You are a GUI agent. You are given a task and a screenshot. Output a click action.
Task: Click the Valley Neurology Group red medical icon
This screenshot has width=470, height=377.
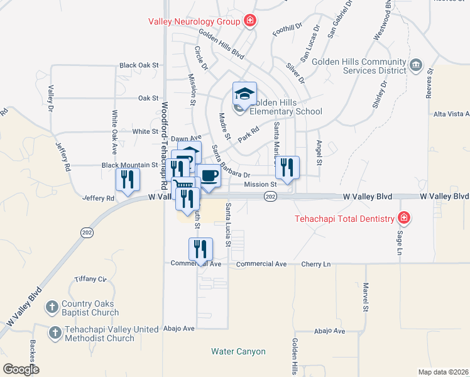click(250, 21)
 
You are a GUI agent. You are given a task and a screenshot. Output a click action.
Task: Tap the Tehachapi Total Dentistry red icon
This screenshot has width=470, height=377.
click(404, 219)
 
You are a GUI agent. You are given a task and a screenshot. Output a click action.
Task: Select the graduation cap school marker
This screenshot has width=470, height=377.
click(244, 94)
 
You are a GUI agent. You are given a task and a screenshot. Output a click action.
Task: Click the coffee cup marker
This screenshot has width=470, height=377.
click(209, 176)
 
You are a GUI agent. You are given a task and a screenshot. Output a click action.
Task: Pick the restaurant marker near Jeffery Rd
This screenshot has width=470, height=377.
click(128, 180)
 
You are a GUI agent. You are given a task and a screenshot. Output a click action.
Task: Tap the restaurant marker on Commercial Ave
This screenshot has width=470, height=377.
click(200, 249)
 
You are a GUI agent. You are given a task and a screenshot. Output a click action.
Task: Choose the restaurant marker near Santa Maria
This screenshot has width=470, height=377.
click(287, 167)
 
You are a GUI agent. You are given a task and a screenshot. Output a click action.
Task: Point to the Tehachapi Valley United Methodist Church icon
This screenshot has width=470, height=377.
click(55, 332)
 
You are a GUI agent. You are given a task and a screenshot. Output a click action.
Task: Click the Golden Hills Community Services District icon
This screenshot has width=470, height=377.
click(415, 65)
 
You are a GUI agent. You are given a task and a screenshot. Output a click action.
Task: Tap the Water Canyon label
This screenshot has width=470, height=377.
click(238, 352)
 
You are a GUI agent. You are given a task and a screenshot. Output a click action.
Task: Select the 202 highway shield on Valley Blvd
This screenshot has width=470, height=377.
click(270, 197)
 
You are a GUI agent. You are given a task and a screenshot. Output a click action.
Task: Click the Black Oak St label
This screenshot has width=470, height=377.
click(138, 65)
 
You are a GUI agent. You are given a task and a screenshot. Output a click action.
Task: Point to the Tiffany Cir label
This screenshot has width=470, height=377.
click(90, 279)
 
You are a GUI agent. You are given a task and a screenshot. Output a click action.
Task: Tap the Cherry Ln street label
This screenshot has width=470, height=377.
click(315, 265)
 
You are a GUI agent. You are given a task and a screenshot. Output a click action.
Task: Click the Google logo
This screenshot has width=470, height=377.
click(21, 369)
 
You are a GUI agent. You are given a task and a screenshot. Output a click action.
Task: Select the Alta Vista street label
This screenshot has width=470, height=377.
click(452, 114)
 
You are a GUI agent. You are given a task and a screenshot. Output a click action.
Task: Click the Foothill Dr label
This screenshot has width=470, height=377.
click(288, 30)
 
